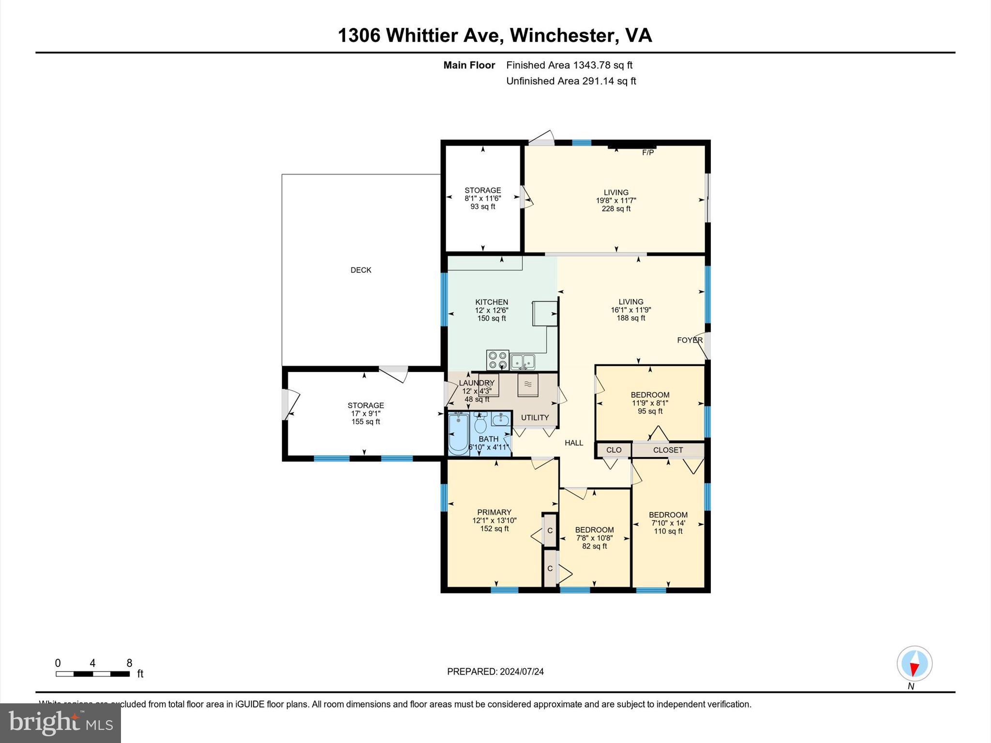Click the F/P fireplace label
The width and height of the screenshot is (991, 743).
pos(647,153)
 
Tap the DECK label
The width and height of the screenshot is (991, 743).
pos(361,270)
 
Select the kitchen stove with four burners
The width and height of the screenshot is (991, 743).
pos(497,360)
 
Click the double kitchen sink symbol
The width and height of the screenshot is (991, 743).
pos(523,361)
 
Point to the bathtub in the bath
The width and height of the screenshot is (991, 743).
pos(458,433)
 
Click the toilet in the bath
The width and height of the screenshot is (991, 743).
pos(480,425)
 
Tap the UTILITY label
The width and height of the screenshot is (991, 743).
pos(535,417)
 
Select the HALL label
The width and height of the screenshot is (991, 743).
pos(574,443)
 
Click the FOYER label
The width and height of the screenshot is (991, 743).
pos(690,340)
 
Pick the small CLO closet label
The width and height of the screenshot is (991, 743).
pos(614,450)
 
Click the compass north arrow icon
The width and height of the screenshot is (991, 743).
pos(914,664)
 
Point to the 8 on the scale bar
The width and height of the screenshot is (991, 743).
pos(129,663)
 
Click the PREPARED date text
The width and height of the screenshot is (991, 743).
pos(495,671)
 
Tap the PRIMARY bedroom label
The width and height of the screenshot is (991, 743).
pos(494,512)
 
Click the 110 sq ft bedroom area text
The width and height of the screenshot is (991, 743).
pos(668,531)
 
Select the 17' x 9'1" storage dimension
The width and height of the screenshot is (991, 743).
pos(366,414)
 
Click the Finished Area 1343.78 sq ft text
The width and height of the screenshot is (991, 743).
pos(569,65)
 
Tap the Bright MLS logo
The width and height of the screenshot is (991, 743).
pos(60,723)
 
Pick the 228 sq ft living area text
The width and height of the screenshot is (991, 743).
pos(616,209)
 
